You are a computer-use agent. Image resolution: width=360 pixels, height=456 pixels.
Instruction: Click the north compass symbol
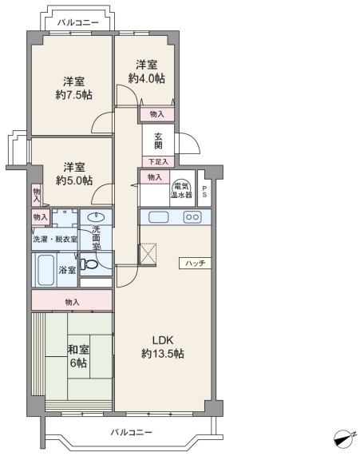345,438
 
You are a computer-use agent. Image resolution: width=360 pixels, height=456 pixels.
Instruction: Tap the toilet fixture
89,264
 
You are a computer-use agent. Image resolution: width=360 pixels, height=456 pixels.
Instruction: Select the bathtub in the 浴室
46,270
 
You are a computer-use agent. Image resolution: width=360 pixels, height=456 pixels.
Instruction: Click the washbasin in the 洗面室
96,216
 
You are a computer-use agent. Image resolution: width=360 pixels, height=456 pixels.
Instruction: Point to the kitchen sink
159,217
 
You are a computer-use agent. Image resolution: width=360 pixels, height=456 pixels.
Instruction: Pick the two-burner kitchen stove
192,217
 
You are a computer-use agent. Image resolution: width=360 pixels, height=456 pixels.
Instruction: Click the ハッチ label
195,264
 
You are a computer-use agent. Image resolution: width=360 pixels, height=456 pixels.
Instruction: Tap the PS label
204,192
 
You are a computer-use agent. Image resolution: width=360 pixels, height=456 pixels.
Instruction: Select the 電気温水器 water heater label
181,191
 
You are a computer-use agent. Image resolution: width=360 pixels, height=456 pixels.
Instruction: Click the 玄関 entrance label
158,141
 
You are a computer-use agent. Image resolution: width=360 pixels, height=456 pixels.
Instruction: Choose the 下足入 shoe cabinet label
159,161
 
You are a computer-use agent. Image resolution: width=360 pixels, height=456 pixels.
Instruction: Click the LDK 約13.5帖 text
163,347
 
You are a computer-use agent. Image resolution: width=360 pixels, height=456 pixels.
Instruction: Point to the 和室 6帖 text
78,356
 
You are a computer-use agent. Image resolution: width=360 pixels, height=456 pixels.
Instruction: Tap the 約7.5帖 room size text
74,95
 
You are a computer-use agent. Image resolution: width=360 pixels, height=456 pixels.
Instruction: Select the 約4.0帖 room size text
147,78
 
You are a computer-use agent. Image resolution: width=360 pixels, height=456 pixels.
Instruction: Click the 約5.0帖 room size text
74,180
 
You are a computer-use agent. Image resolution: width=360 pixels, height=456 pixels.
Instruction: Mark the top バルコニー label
78,22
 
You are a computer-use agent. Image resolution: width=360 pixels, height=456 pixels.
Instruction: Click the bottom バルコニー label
131,432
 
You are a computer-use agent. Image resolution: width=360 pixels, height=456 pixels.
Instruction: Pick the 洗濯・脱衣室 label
55,240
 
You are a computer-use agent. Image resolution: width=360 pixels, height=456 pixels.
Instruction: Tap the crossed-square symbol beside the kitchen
148,255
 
